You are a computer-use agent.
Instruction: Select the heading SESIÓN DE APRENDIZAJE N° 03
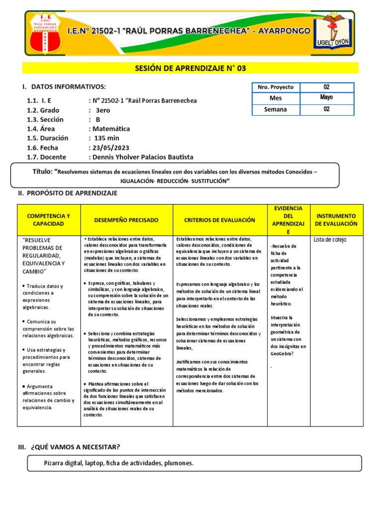click(x=191, y=68)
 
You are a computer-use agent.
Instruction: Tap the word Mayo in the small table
click(x=326, y=98)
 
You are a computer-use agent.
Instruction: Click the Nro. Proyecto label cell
click(x=276, y=87)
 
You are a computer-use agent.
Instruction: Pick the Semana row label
click(x=276, y=109)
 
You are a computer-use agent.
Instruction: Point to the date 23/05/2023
click(x=108, y=148)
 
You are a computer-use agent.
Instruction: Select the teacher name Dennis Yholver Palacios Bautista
click(x=141, y=157)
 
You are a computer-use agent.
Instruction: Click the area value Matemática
click(x=109, y=129)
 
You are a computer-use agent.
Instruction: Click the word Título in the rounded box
click(x=42, y=171)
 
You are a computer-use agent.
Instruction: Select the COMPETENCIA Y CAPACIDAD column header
click(x=48, y=220)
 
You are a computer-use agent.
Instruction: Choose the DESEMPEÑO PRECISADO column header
click(x=126, y=220)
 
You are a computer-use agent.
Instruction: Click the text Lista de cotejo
click(x=330, y=240)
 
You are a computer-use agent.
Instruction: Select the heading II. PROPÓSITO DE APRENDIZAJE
click(x=68, y=193)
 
